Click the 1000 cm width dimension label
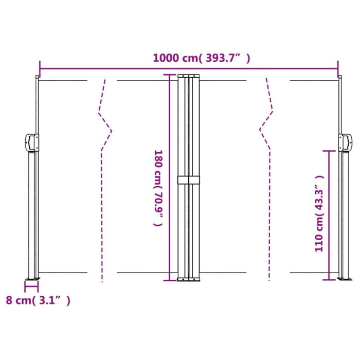[x=202, y=58]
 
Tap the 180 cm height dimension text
[x=158, y=188]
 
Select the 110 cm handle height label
[x=320, y=212]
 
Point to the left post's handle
[x=32, y=142]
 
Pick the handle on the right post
[x=345, y=142]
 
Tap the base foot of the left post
[x=32, y=279]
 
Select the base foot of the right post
[x=342, y=279]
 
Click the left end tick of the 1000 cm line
[x=40, y=68]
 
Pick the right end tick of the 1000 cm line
[x=338, y=68]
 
